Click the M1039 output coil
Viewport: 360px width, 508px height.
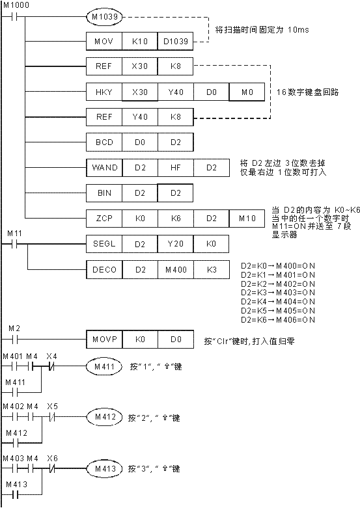pos(104,16)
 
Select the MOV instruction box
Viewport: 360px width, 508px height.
pos(104,41)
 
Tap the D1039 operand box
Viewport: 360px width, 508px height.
pos(175,41)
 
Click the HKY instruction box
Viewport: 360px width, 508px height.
pos(104,92)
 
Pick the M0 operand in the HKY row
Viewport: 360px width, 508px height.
pos(247,92)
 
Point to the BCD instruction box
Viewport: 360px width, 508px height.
pos(104,142)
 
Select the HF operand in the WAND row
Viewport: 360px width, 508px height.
pos(176,168)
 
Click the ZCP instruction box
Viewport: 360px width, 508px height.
pos(104,218)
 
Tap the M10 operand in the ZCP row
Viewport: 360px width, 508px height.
pos(247,218)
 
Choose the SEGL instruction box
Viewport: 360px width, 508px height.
pos(104,243)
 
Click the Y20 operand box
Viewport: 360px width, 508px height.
pos(176,243)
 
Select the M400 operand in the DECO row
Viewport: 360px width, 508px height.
pos(176,269)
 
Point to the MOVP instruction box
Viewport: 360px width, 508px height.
pos(104,339)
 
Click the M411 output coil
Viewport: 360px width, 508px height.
pos(104,366)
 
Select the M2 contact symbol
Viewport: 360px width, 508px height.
pos(14,339)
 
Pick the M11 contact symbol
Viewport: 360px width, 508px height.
pos(14,244)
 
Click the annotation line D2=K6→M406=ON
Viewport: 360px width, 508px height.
pos(277,319)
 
